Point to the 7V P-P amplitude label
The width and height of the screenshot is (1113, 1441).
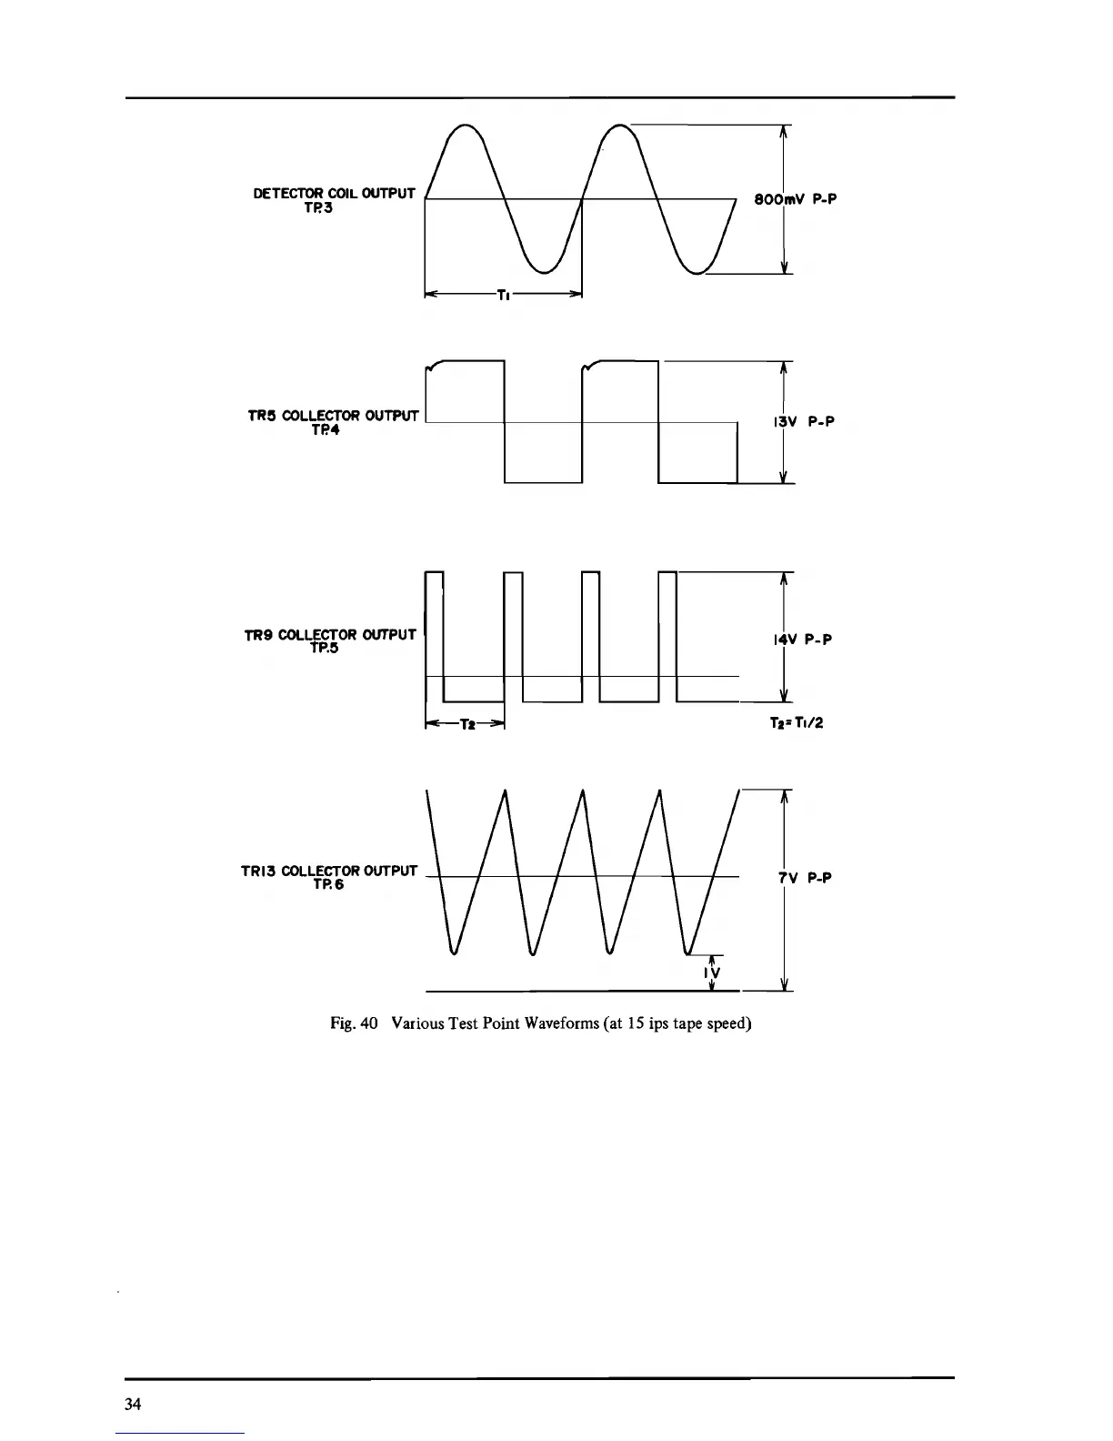pyautogui.click(x=806, y=877)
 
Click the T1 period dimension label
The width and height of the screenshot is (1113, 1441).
pyautogui.click(x=504, y=295)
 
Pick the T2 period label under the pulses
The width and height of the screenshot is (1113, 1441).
pyautogui.click(x=466, y=724)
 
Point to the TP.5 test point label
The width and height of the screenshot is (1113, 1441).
pyautogui.click(x=325, y=648)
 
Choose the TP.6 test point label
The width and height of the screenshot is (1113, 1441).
pyautogui.click(x=328, y=885)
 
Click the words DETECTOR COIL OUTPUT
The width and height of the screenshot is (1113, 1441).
pyautogui.click(x=334, y=193)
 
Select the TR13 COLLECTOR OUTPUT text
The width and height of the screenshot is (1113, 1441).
pyautogui.click(x=329, y=872)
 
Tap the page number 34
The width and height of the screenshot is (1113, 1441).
pyautogui.click(x=133, y=1404)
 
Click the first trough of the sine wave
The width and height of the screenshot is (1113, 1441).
pyautogui.click(x=544, y=271)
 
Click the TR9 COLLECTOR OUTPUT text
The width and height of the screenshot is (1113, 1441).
pyautogui.click(x=330, y=634)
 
